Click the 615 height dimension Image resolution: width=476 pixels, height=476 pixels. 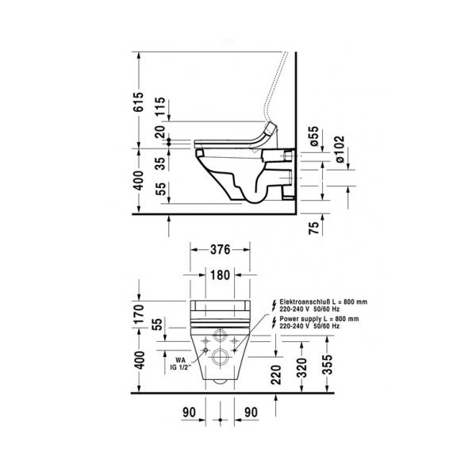tap(138, 102)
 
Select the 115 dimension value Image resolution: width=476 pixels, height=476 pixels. tap(159, 106)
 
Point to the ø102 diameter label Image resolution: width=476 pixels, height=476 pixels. tap(340, 149)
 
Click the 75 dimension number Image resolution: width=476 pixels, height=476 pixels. tap(314, 228)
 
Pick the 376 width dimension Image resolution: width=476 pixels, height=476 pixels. tap(220, 250)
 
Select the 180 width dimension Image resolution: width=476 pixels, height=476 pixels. tap(220, 275)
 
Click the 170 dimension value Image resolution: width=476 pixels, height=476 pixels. tap(138, 314)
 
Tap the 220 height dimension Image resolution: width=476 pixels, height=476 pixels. tap(276, 374)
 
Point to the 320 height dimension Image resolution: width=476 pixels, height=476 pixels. tap(301, 368)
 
